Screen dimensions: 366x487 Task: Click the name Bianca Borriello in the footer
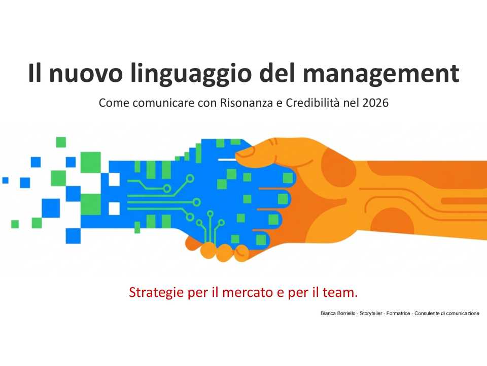[338, 313]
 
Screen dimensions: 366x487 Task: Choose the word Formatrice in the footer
[398, 313]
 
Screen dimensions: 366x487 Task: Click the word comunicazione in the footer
[460, 313]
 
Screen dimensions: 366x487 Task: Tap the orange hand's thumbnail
[246, 151]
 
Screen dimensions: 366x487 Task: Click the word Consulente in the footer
[426, 313]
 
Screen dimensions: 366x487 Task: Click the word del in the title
[281, 74]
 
